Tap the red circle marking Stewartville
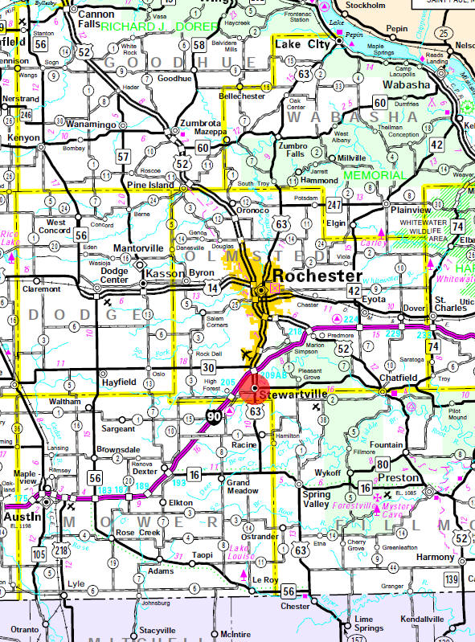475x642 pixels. pyautogui.click(x=255, y=389)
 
